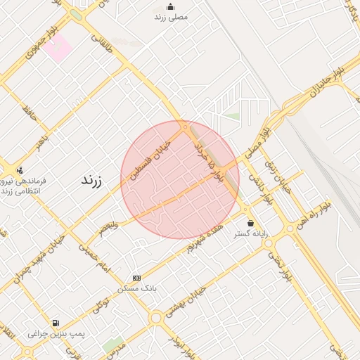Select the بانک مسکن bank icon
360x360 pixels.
tap(136, 278)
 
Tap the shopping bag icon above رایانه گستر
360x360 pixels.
tap(250, 223)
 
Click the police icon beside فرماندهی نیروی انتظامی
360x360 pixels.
tap(19, 169)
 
